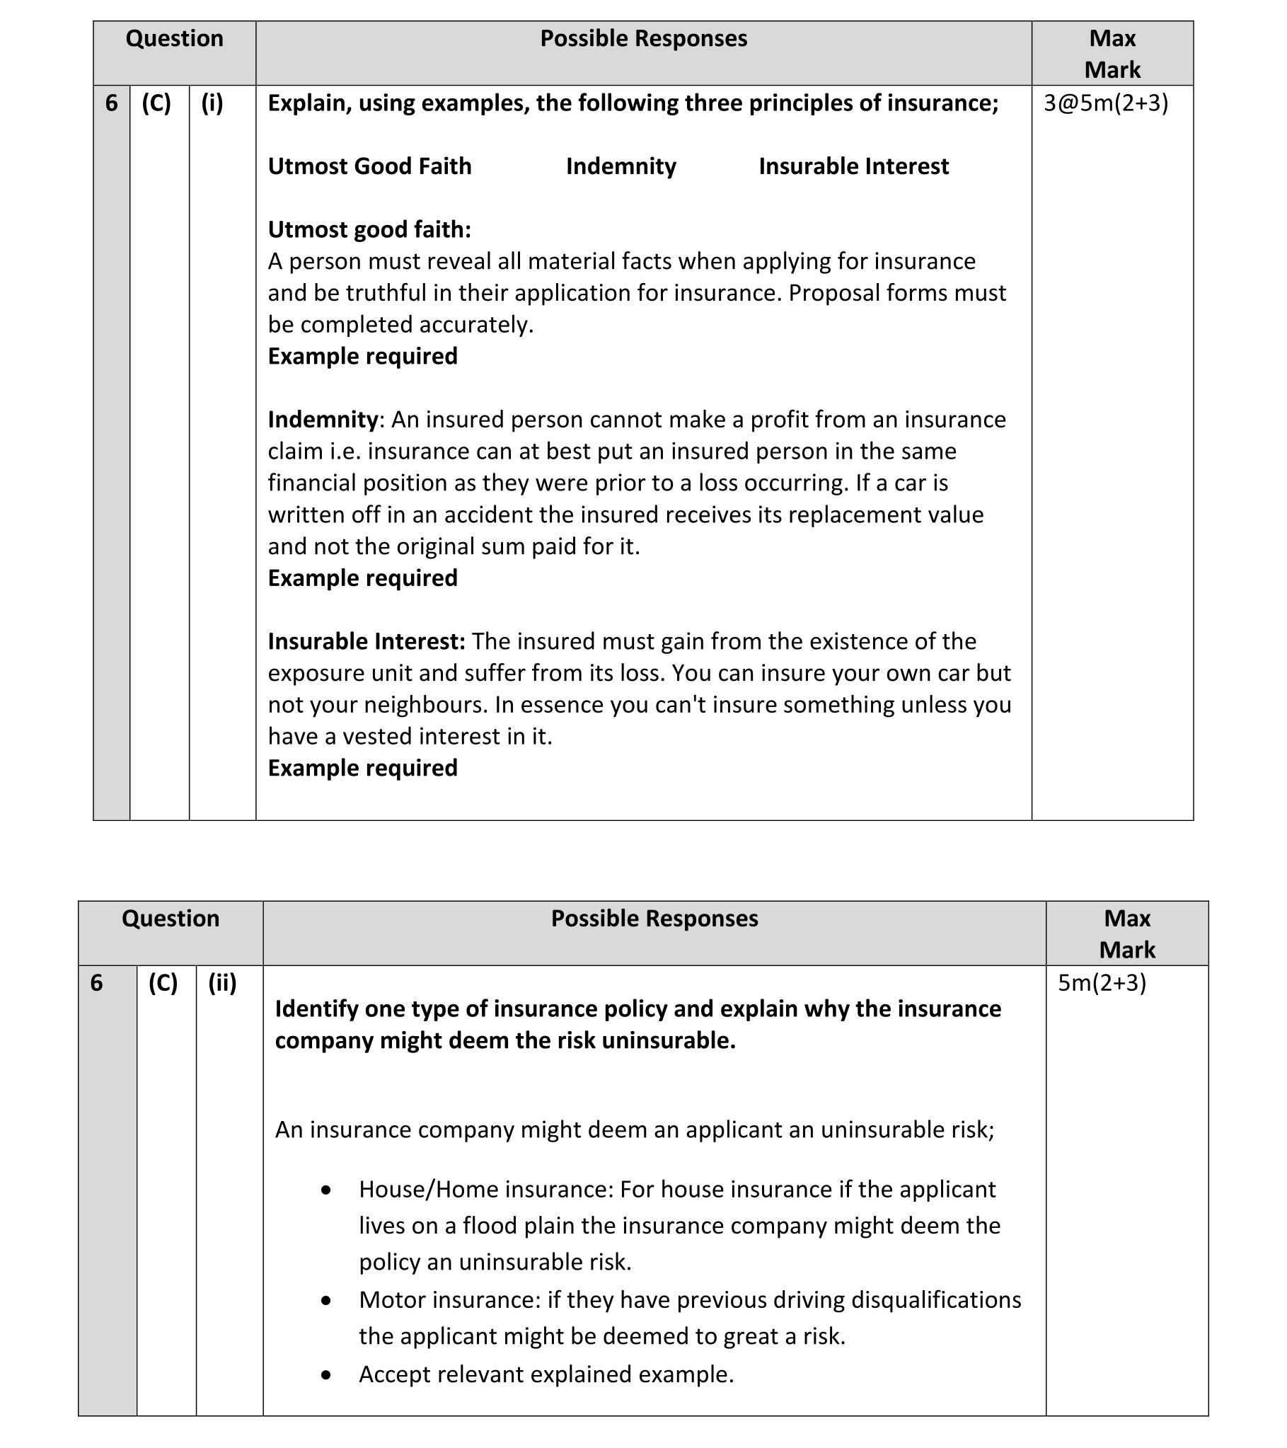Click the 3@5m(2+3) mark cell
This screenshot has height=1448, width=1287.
(1106, 103)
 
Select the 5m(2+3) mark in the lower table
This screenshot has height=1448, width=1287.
(1102, 983)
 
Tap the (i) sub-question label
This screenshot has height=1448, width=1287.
(212, 103)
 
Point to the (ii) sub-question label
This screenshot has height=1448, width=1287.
(222, 983)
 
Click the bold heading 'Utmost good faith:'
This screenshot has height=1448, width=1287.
(369, 229)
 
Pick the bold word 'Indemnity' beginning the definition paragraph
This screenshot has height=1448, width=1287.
(323, 420)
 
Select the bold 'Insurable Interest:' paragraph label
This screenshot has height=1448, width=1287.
(367, 641)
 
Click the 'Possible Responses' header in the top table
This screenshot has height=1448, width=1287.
(643, 38)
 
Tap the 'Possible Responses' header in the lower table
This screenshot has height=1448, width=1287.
(654, 918)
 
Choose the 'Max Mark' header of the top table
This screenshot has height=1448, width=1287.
(1112, 54)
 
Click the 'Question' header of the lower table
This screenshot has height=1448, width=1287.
(171, 918)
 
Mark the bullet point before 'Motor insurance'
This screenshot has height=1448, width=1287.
(326, 1301)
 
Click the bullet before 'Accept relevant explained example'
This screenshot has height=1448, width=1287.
(326, 1375)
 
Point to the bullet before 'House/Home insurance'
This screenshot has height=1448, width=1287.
(326, 1191)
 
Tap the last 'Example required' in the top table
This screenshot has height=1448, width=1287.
(363, 768)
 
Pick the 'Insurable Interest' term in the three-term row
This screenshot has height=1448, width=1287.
(853, 166)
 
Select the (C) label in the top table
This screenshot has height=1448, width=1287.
(156, 103)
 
